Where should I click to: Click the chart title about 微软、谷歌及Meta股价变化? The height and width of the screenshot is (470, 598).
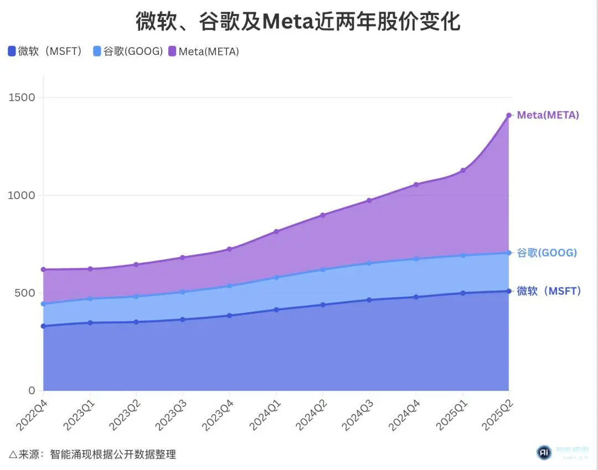(298, 22)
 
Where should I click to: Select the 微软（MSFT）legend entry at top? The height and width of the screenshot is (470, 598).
(45, 51)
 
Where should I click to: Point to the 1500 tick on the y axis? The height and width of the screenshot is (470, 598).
(22, 97)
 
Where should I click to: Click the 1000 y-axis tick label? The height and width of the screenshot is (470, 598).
(22, 195)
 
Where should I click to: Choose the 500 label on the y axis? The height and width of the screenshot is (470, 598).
(25, 293)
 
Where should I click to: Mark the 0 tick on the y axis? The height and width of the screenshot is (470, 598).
(32, 390)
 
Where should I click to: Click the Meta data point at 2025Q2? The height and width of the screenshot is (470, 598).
(509, 115)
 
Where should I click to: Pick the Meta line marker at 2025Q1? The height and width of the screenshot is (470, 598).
(462, 171)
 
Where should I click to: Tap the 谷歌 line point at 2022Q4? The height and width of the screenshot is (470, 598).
(43, 304)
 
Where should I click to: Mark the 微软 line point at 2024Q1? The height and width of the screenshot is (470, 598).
(276, 309)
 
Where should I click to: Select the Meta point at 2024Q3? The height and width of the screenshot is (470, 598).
(369, 200)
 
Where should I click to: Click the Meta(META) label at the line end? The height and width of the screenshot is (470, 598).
(548, 115)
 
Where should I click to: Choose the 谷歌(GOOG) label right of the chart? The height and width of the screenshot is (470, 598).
(547, 253)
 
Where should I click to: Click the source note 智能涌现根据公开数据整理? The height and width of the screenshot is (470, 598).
(112, 454)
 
